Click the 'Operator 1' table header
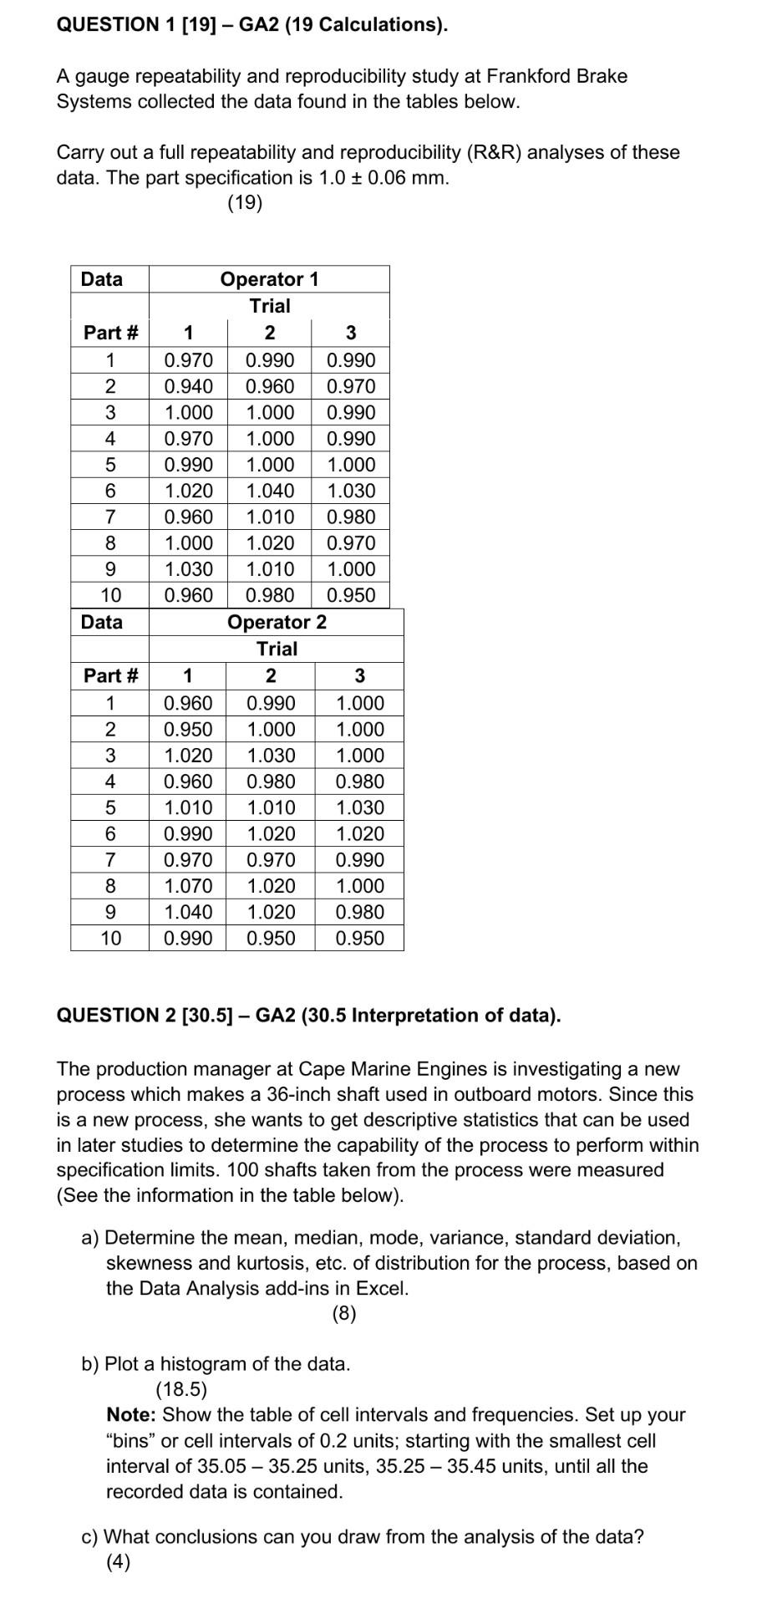point(269,279)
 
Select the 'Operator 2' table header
point(277,622)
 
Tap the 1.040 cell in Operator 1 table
point(270,491)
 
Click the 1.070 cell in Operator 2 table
point(188,886)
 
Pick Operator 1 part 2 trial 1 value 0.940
point(188,386)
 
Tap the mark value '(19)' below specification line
point(245,203)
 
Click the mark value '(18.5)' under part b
point(181,1389)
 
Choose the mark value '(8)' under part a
point(343,1313)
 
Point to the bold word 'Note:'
point(132,1415)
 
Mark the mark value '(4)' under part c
point(118,1562)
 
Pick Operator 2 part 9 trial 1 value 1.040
point(188,912)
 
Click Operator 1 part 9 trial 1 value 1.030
point(188,569)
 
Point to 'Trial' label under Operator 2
point(277,649)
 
